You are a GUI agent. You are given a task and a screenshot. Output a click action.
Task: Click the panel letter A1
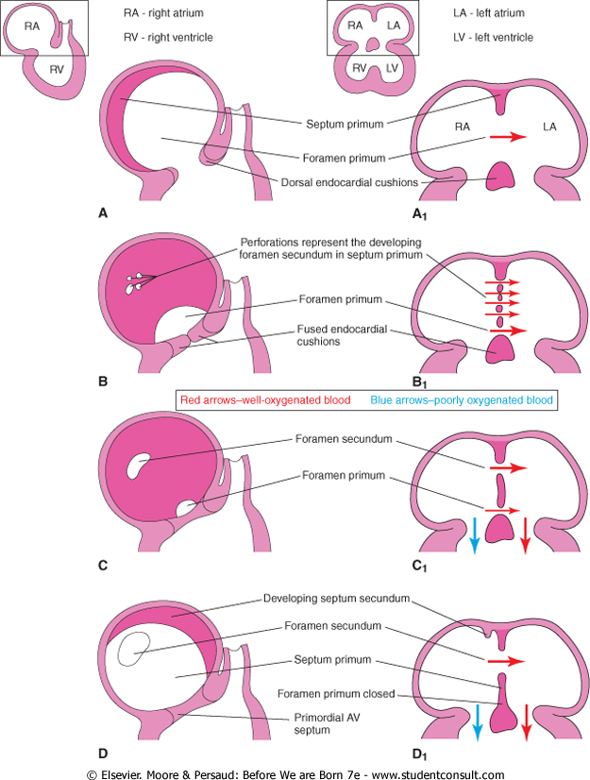(427, 214)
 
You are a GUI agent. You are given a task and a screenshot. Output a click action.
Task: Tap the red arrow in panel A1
(507, 138)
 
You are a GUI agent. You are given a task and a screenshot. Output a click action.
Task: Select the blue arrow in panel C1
(474, 534)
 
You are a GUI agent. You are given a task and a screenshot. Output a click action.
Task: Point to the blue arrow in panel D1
(476, 721)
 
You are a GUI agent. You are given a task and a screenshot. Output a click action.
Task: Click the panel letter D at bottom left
(103, 753)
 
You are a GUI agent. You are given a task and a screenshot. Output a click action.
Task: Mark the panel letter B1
(427, 382)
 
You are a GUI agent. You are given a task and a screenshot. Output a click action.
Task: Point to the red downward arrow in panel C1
(526, 534)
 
